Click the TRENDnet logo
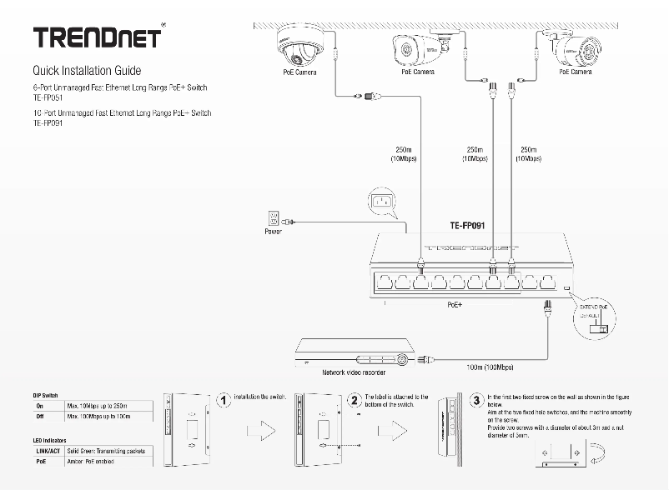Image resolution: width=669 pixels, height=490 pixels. pyautogui.click(x=97, y=38)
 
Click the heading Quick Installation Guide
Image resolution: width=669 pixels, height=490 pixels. pyautogui.click(x=87, y=71)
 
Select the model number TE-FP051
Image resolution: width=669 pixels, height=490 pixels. pyautogui.click(x=48, y=97)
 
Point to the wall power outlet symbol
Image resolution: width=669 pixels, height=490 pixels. pyautogui.click(x=272, y=218)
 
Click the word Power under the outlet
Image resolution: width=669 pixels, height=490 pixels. pyautogui.click(x=273, y=232)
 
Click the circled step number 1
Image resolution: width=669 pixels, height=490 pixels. pyautogui.click(x=224, y=402)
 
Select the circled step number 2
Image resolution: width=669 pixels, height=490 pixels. pyautogui.click(x=355, y=402)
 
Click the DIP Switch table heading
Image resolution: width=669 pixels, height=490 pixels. pyautogui.click(x=45, y=394)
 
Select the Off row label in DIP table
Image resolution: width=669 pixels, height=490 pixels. pyautogui.click(x=39, y=416)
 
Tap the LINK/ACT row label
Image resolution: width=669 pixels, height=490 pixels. pyautogui.click(x=48, y=451)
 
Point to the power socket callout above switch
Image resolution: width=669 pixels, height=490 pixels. pyautogui.click(x=385, y=202)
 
